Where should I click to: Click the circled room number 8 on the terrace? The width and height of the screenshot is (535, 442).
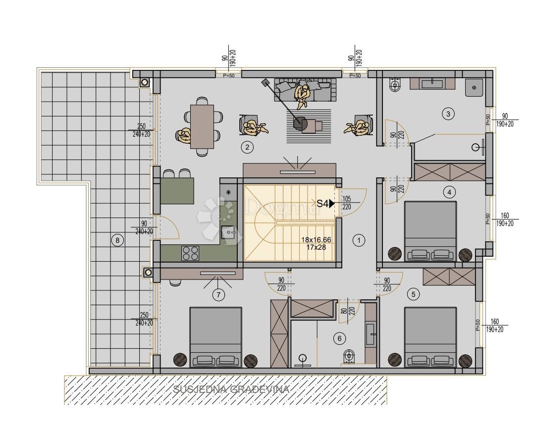tap(117, 241)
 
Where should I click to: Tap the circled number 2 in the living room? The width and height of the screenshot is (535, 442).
tap(246, 147)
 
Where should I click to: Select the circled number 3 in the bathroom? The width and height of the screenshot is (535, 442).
tap(448, 114)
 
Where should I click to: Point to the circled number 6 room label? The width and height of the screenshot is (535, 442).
tap(339, 338)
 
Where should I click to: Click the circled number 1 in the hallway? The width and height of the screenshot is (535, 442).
tap(359, 241)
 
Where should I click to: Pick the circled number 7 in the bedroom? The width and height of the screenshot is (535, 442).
tap(218, 295)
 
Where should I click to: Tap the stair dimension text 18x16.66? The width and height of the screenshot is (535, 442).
tap(316, 239)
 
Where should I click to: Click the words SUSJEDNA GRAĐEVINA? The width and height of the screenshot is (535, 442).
tap(231, 389)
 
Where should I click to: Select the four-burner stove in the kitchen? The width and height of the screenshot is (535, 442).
tap(190, 253)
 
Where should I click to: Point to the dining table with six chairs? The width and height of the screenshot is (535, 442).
tap(202, 127)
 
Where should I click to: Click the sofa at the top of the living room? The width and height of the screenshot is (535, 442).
tap(305, 90)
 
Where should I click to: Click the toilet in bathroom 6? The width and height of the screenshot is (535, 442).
tap(350, 356)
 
